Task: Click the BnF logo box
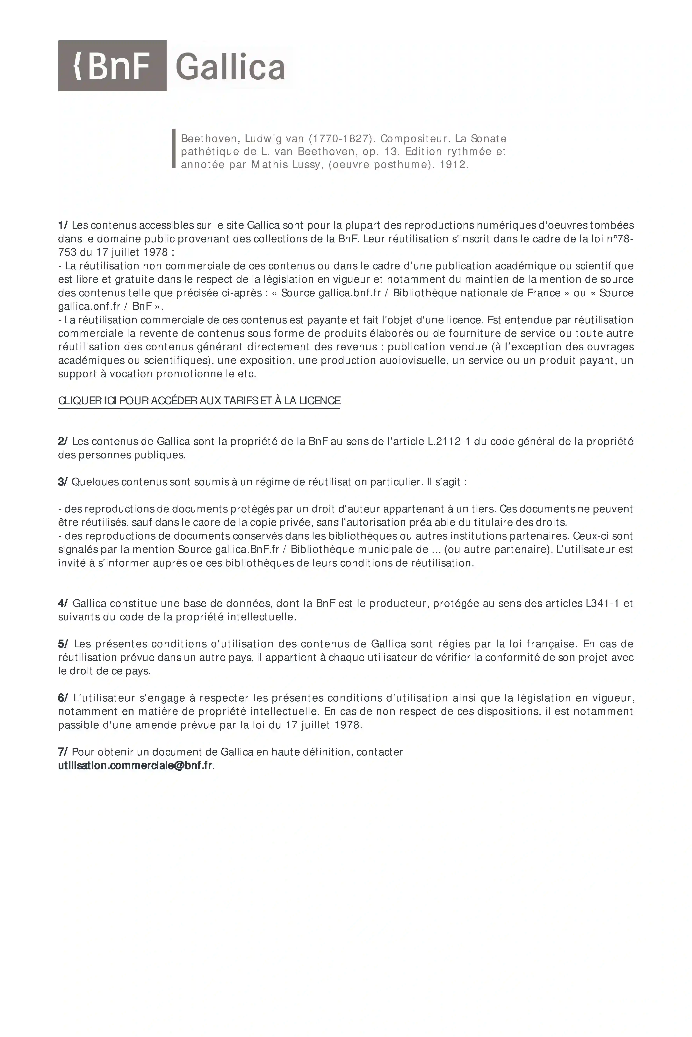pyautogui.click(x=112, y=66)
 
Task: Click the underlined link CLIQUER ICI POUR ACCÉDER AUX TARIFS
pyautogui.click(x=199, y=401)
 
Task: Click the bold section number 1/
pyautogui.click(x=63, y=225)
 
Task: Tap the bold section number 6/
pyautogui.click(x=63, y=698)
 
